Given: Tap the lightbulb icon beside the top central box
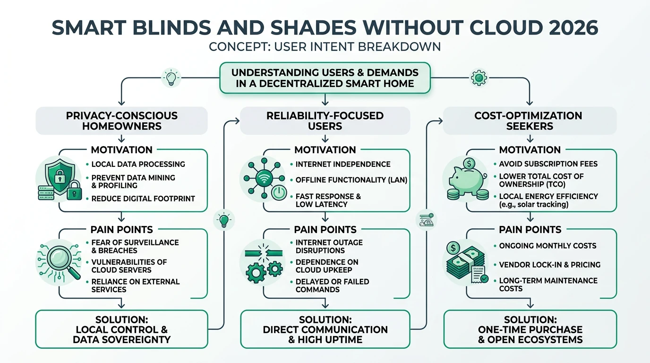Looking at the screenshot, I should point(171,77).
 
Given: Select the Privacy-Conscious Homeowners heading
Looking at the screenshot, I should point(122,121).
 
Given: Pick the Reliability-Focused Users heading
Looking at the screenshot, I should point(325,121).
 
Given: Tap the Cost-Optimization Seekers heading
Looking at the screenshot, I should point(530,121).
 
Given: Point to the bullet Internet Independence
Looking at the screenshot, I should point(343,164).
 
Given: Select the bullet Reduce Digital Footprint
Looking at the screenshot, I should point(143,199).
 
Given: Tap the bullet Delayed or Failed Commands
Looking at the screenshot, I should point(332,285).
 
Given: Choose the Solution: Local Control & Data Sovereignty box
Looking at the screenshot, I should point(122,329).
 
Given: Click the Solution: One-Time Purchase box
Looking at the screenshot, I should point(530,329).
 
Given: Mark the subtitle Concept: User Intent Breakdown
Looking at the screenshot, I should point(325,47).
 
